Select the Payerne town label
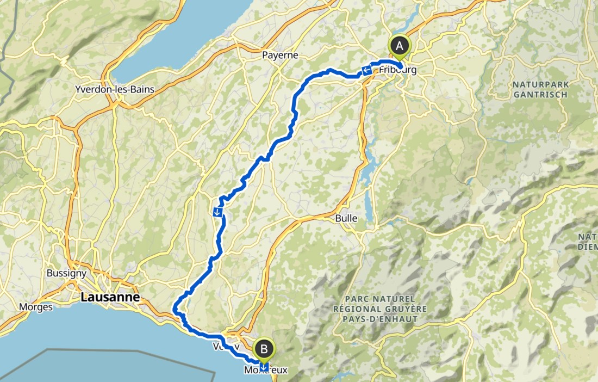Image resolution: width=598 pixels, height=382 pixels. click(281, 55)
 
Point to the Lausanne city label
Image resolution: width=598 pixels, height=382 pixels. click(110, 297)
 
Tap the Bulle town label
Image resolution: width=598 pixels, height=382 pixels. click(346, 218)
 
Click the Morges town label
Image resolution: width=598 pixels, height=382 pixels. click(36, 307)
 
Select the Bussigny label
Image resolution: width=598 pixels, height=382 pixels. click(64, 273)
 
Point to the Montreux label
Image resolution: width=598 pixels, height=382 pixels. click(265, 370)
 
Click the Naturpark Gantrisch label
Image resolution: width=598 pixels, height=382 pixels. click(540, 90)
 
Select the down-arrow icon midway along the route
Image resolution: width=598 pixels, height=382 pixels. click(218, 212)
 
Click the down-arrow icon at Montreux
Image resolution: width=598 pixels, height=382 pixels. click(264, 366)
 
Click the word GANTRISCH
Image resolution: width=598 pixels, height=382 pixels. click(540, 95)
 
